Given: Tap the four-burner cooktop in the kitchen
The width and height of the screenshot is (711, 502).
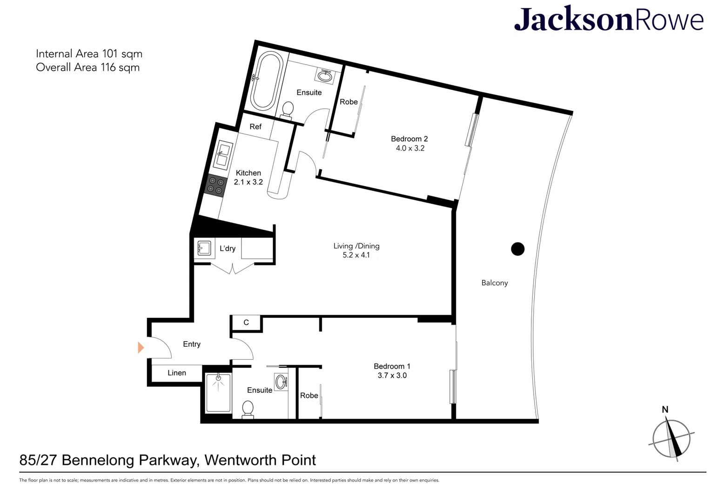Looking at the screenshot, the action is [x=215, y=186].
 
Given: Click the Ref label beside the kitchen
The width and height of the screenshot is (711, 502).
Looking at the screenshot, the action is [x=255, y=127].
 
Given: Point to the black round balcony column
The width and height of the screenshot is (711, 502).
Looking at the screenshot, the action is [x=518, y=249].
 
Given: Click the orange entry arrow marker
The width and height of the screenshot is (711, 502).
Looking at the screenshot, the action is [x=141, y=348].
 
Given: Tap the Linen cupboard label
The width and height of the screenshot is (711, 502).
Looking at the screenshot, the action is [x=177, y=373].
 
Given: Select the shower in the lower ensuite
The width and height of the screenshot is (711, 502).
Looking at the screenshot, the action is [x=218, y=393].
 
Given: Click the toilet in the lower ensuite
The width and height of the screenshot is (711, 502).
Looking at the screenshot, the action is [x=248, y=410].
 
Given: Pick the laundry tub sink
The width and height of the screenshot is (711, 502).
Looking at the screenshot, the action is [x=204, y=248].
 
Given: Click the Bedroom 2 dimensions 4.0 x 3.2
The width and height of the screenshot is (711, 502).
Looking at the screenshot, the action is [x=410, y=148].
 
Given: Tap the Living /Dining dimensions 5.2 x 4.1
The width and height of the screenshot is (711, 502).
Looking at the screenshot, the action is [x=356, y=255].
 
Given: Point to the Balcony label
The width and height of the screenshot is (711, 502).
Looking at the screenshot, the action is [x=495, y=283].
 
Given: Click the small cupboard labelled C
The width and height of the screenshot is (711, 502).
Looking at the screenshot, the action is [x=246, y=323].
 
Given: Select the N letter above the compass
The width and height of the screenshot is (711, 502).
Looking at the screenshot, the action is [x=665, y=410].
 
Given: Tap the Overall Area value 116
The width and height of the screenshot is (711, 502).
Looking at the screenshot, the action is [x=108, y=67].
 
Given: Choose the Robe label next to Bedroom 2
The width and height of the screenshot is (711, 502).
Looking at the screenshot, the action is [x=349, y=102].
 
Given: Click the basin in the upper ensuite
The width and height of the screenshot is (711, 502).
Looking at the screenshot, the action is [x=325, y=76].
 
